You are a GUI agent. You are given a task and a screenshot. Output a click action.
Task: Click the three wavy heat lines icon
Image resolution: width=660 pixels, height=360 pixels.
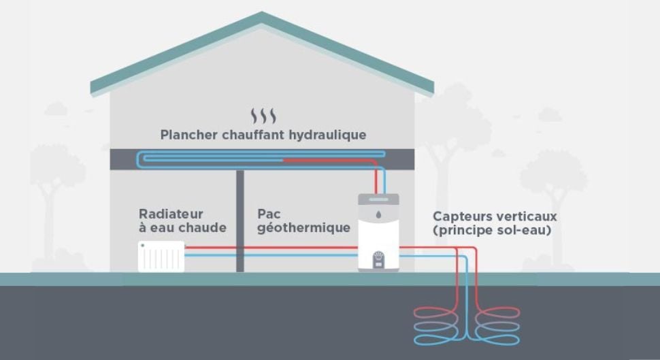(263, 115)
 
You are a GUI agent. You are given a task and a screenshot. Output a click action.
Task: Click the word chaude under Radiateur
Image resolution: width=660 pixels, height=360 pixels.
(202, 228)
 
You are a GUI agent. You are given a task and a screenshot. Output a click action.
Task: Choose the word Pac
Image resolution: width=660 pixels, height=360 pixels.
(269, 214)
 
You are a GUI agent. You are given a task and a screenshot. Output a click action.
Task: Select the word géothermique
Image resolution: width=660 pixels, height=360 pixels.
(303, 228)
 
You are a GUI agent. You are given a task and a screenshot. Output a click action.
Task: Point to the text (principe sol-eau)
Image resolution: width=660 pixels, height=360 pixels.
(492, 231)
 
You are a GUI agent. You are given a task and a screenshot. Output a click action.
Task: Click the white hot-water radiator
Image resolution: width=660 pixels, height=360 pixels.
(161, 257)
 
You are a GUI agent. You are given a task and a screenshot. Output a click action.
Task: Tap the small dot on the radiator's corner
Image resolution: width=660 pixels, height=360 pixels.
(143, 245)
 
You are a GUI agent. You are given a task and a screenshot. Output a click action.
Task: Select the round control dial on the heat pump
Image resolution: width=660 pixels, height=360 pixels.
(379, 259)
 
